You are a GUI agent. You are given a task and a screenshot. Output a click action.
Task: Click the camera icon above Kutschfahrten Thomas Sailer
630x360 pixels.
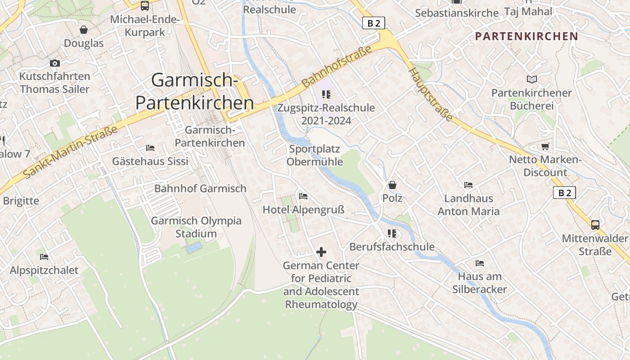pyautogui.click(x=55, y=63)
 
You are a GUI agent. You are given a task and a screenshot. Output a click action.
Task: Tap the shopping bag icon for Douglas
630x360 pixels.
pyautogui.click(x=84, y=30)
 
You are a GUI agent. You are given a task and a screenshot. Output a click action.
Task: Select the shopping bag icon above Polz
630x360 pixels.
pyautogui.click(x=392, y=185)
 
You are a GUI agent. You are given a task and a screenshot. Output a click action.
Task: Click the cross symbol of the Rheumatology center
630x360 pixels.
pyautogui.click(x=321, y=252)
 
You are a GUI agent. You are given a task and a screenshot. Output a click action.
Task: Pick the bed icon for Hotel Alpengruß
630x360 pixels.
pyautogui.click(x=303, y=196)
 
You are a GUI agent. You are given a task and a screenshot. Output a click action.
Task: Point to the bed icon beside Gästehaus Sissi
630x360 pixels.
pyautogui.click(x=150, y=148)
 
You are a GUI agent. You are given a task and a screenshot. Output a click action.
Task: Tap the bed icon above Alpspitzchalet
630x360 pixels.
pyautogui.click(x=44, y=257)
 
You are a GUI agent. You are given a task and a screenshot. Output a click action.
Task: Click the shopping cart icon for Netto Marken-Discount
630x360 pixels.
pyautogui.click(x=545, y=146)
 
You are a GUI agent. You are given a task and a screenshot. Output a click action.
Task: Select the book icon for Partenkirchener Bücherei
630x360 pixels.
pyautogui.click(x=532, y=80)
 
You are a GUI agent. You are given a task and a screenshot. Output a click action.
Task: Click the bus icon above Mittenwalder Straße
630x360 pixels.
pyautogui.click(x=595, y=225)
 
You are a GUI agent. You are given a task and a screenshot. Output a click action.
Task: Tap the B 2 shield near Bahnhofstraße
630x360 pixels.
pyautogui.click(x=374, y=23)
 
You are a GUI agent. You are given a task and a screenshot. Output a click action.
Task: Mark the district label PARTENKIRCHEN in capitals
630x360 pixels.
pyautogui.click(x=526, y=36)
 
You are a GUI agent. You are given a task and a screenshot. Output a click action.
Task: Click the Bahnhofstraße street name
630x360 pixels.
pyautogui.click(x=337, y=66)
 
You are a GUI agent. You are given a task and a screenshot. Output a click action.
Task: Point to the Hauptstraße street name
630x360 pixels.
pyautogui.click(x=430, y=94)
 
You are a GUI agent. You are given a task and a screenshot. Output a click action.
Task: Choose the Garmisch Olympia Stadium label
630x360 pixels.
pyautogui.click(x=196, y=227)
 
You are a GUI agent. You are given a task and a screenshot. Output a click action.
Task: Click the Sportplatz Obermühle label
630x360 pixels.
pyautogui.click(x=315, y=155)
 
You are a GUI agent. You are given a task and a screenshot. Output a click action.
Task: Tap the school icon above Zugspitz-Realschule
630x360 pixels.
pyautogui.click(x=326, y=94)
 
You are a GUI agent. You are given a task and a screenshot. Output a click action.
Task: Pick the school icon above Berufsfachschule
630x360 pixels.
pyautogui.click(x=392, y=234)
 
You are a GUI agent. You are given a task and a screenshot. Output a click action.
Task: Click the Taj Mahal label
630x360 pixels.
pyautogui.click(x=528, y=11)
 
